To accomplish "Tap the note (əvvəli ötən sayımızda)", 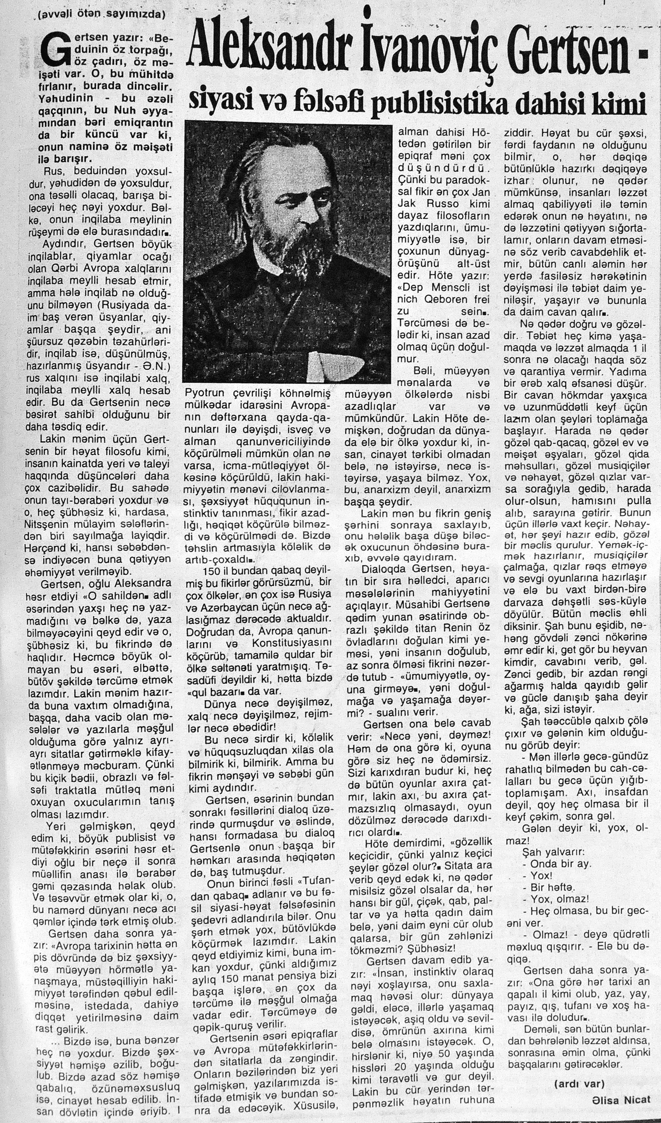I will tap(102, 13).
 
